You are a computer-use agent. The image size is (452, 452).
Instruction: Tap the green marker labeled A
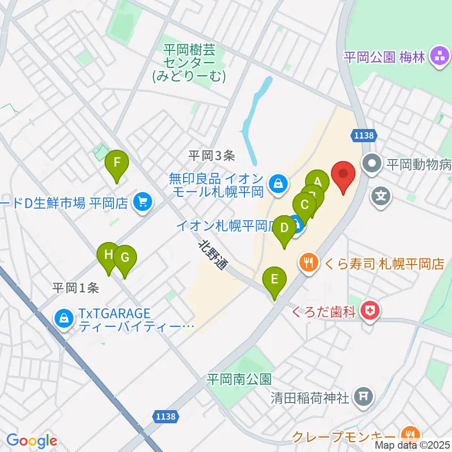point(317,181)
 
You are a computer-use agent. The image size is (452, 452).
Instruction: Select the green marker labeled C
point(305,205)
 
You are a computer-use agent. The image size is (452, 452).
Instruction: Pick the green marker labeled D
point(284,228)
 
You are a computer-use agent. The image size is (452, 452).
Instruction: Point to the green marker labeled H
point(108,255)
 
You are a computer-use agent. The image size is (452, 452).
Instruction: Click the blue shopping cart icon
point(142,203)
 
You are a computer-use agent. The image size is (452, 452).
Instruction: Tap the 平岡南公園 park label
point(240,379)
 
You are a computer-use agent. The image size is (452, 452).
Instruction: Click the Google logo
point(32,440)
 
